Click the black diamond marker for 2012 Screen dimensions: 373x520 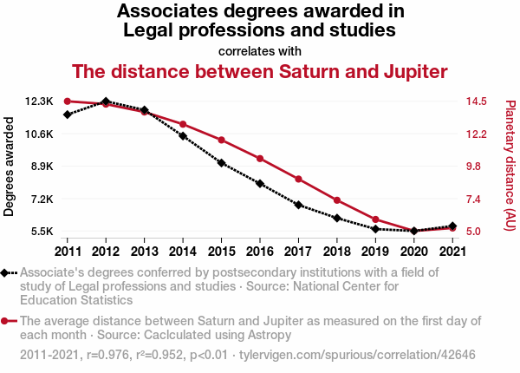(106, 102)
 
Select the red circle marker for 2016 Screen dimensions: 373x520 (259, 159)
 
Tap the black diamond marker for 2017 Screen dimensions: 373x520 (298, 206)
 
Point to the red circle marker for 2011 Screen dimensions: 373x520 (67, 101)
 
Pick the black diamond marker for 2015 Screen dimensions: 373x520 (221, 163)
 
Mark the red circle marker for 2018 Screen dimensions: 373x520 (336, 200)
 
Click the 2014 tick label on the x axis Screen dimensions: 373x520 (183, 252)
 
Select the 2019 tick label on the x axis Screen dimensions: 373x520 (375, 252)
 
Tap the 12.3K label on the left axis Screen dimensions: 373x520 (40, 101)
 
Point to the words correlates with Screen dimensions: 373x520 (260, 50)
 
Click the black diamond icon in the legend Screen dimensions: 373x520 (8, 272)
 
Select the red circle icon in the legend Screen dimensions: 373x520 (8, 321)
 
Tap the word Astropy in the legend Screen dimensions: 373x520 (267, 335)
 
